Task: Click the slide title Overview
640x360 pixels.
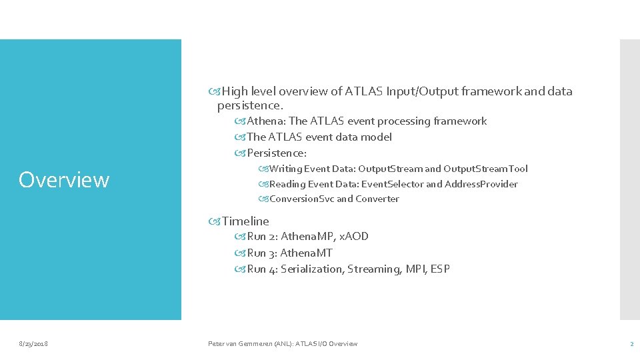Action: pos(64,180)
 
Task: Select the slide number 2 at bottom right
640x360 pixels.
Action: pos(631,343)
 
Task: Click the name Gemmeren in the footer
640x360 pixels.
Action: pos(259,343)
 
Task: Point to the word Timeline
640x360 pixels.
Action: pos(245,221)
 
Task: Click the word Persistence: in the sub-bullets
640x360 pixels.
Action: pos(277,153)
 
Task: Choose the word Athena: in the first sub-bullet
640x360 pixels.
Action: pos(267,121)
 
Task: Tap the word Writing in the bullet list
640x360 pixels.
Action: pos(286,169)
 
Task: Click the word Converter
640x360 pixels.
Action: pos(377,199)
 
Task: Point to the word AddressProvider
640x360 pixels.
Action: pos(481,184)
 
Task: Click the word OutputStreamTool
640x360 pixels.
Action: pos(485,169)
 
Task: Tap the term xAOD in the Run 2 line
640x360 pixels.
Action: pos(354,237)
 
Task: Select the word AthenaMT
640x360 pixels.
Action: pos(306,253)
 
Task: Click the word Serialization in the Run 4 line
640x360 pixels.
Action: pos(311,269)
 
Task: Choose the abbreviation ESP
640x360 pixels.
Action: pos(440,269)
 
